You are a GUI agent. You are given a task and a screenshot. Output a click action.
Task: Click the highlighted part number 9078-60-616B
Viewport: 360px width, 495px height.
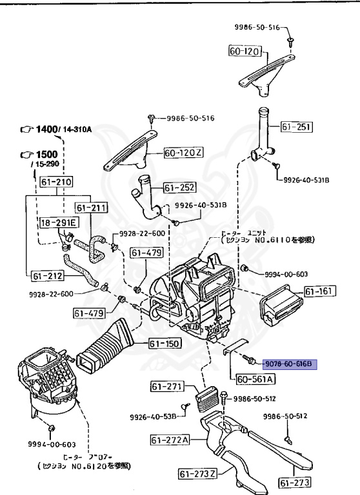click(288, 364)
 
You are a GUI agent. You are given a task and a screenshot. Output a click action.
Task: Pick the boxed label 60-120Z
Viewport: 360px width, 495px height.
click(184, 153)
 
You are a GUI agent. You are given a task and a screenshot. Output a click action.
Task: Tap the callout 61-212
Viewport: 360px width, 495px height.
click(47, 276)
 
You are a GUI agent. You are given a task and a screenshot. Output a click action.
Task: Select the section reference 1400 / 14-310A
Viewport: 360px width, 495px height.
click(57, 130)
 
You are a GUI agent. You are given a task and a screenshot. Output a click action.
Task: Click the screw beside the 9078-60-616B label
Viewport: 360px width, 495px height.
click(249, 356)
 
